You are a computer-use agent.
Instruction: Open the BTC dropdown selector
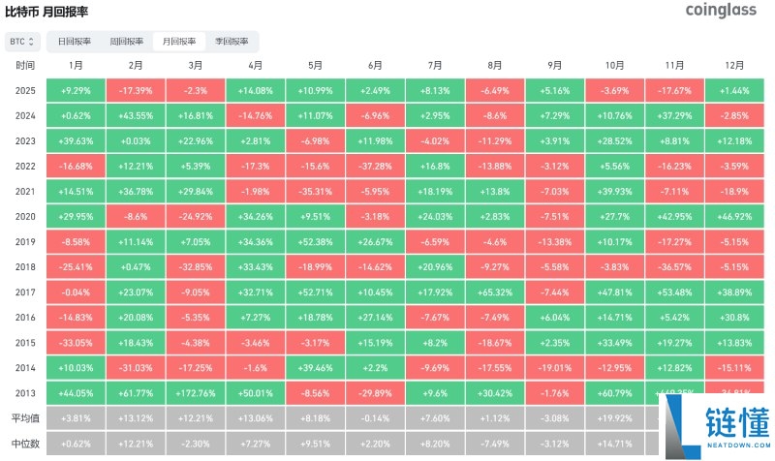click(x=22, y=42)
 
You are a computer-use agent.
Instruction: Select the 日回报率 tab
click(x=75, y=42)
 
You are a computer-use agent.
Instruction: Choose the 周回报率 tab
click(x=127, y=42)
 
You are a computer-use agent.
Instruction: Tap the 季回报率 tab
click(x=232, y=42)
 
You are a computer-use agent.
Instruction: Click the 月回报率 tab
click(x=179, y=42)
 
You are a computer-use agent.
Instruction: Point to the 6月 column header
click(x=375, y=65)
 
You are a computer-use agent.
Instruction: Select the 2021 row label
click(x=26, y=191)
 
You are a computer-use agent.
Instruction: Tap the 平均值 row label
click(x=26, y=417)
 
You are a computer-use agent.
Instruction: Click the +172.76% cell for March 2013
click(x=196, y=392)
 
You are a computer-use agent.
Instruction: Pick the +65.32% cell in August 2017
click(x=495, y=292)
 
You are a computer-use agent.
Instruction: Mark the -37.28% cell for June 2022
click(x=375, y=166)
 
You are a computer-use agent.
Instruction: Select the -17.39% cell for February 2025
click(x=136, y=90)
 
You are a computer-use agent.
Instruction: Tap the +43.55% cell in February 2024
click(x=136, y=115)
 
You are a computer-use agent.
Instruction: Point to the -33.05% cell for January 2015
click(x=76, y=342)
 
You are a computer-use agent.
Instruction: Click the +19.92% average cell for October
click(x=614, y=417)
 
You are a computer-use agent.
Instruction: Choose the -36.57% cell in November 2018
click(x=674, y=266)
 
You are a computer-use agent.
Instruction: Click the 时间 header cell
click(x=26, y=65)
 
